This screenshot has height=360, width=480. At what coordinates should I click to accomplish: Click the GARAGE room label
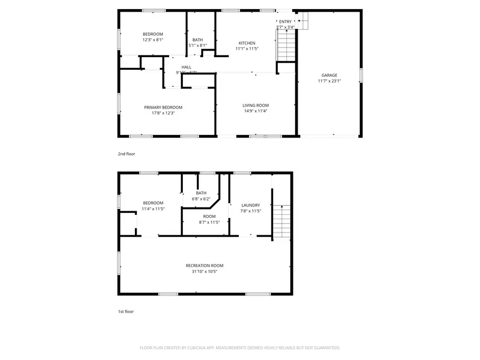(x=329, y=75)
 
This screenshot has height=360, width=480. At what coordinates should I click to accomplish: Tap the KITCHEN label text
(x=246, y=43)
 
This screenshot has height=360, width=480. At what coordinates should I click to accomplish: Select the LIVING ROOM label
(x=256, y=105)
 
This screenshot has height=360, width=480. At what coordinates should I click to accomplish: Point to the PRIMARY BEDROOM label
(x=163, y=107)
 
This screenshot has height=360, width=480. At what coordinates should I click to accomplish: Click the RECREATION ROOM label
(x=204, y=266)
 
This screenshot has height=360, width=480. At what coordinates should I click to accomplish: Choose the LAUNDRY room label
(x=251, y=205)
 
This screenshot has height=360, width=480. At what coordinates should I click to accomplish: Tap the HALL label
(x=186, y=67)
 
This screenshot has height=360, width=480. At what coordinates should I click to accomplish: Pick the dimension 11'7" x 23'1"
(x=329, y=81)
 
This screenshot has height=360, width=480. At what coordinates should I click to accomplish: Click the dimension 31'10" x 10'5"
(x=204, y=271)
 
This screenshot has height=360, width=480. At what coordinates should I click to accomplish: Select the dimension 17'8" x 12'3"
(x=163, y=113)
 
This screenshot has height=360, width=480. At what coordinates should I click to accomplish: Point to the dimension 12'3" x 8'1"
(x=153, y=40)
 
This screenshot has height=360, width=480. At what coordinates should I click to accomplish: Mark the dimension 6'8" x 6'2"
(x=201, y=199)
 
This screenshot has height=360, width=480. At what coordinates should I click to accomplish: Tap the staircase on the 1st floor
(x=282, y=221)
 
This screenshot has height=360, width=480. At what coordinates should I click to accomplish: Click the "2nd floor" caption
(x=127, y=154)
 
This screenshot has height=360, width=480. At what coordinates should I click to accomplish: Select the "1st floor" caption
(x=126, y=311)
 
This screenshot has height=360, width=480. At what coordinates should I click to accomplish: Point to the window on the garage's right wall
(x=361, y=75)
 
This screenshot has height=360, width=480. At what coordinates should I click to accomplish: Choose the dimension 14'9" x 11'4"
(x=256, y=111)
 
